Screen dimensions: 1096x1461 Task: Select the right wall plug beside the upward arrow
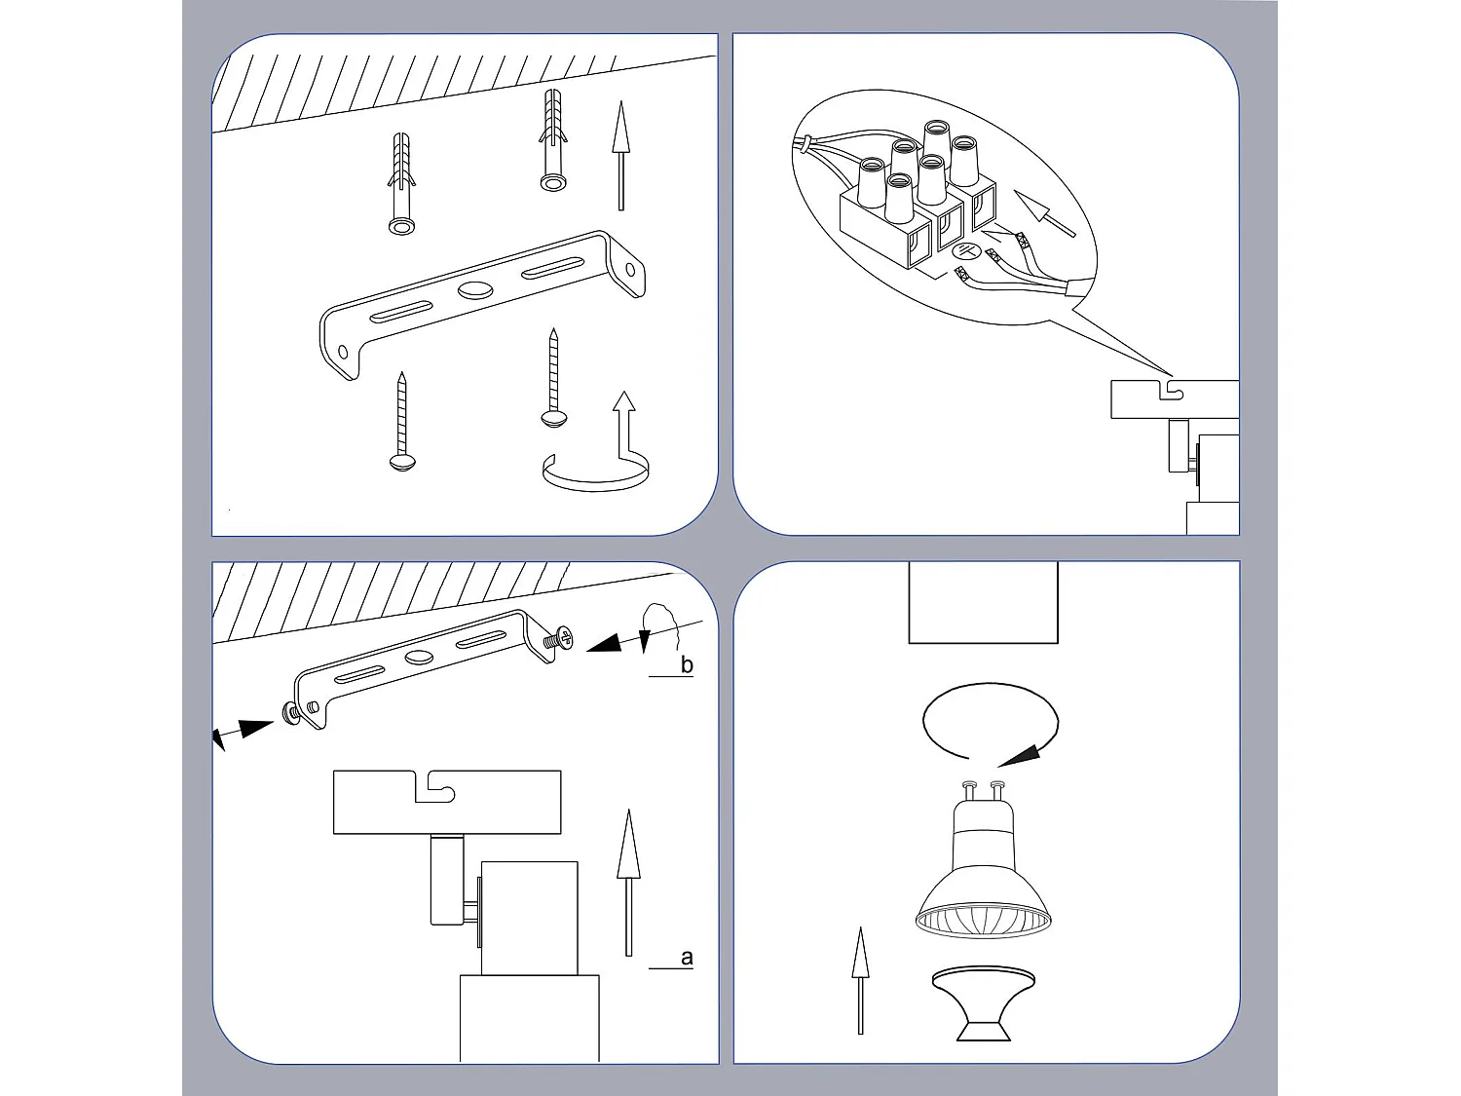click(552, 141)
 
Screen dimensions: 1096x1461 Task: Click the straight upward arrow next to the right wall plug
click(618, 156)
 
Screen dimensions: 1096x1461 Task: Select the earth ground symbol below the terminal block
click(958, 251)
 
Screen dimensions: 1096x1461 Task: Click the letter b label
click(687, 665)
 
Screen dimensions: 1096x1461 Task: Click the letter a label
click(687, 958)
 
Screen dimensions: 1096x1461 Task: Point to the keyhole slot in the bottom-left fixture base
click(434, 787)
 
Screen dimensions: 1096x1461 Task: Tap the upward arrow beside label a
click(628, 882)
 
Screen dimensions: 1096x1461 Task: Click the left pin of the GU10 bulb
click(969, 786)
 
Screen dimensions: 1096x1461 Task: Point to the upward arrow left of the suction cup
click(860, 979)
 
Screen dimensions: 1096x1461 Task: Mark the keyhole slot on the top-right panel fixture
click(1174, 390)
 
